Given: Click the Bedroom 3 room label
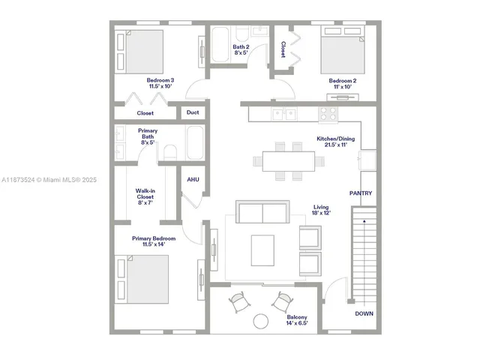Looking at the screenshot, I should (x=160, y=83).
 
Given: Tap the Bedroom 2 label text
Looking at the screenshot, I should (x=342, y=83).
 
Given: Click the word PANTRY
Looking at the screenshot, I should (x=361, y=193).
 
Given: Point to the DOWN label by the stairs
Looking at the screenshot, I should (x=364, y=313).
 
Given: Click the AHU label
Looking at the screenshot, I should (x=192, y=180).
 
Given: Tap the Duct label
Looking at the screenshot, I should (x=193, y=113).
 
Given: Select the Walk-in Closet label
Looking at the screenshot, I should (x=145, y=196).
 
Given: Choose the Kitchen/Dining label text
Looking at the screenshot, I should (x=335, y=142).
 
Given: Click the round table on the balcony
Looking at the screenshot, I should (x=260, y=321).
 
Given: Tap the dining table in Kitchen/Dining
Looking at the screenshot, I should (x=289, y=160).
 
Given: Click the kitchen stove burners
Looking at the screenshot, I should (x=328, y=114).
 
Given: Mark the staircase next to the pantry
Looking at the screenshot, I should (x=364, y=255).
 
